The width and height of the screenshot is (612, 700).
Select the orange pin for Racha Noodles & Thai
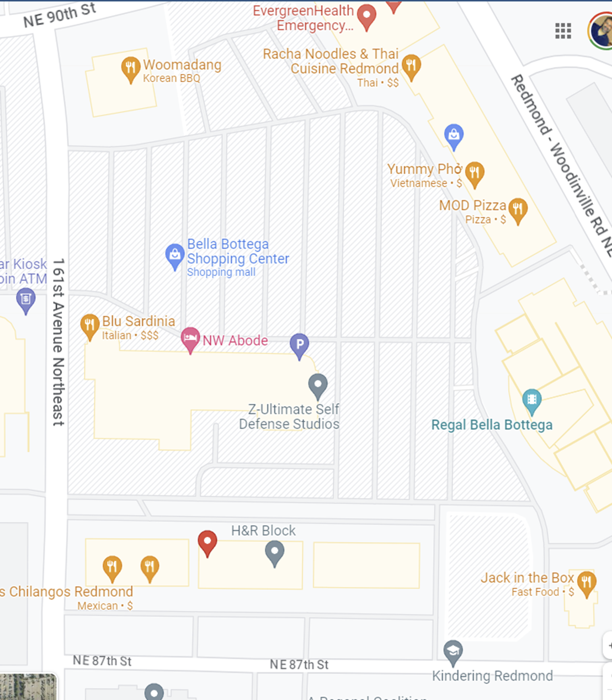point(411,66)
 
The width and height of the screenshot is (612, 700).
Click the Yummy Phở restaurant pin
point(475,173)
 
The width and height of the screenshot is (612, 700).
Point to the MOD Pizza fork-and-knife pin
point(518,210)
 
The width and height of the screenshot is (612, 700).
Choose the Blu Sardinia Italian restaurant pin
point(89,325)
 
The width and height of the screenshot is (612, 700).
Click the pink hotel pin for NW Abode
point(190,339)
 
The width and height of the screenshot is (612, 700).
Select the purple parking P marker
point(299,345)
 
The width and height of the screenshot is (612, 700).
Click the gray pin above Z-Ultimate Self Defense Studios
point(317,384)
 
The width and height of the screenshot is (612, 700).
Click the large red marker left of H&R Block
point(207,542)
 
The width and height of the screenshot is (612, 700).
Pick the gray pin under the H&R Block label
point(274,552)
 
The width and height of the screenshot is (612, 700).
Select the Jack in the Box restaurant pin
point(586,583)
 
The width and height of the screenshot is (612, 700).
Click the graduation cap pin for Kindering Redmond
point(453,651)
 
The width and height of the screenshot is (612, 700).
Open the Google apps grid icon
point(563,31)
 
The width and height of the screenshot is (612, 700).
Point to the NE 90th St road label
point(60,15)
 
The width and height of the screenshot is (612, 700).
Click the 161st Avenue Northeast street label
point(58,342)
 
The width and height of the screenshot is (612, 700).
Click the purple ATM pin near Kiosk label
point(25,300)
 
